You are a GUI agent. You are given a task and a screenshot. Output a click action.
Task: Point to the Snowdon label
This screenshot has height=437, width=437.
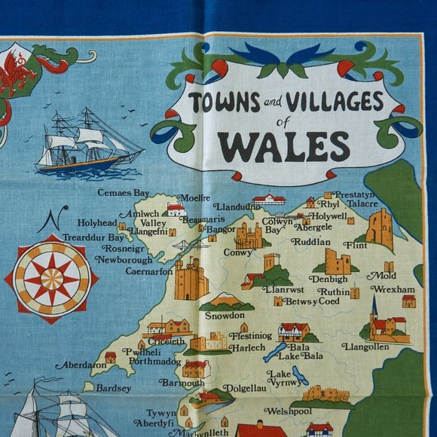click(x=225, y=315)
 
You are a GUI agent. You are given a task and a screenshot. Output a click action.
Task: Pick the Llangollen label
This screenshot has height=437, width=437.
click(x=365, y=347)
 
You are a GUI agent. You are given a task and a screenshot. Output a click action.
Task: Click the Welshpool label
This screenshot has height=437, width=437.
click(x=288, y=411)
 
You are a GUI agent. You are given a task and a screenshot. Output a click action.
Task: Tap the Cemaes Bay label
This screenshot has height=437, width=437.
click(x=124, y=193)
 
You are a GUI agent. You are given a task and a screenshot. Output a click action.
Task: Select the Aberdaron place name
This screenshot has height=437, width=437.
click(x=81, y=364)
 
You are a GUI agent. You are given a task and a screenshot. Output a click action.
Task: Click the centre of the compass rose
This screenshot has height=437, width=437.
click(x=51, y=279)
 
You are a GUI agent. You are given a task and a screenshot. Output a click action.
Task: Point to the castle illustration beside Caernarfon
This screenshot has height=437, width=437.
click(x=191, y=280)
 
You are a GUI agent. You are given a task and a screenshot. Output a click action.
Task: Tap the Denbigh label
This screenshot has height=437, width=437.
click(x=329, y=279)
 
